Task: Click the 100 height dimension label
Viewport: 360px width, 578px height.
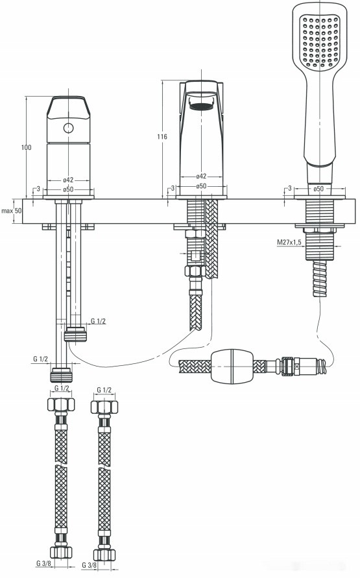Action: coord(26,148)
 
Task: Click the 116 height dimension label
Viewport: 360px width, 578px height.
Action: coord(162,136)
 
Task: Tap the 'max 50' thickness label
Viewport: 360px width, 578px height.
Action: coord(11,211)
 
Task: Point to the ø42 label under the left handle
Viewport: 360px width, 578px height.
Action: coord(67,180)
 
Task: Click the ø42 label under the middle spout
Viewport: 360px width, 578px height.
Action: coord(201,176)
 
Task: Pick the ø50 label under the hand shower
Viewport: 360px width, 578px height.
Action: coord(318,189)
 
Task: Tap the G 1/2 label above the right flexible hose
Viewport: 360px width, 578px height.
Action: coord(104,390)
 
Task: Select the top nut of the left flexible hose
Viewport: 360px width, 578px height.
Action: coord(60,407)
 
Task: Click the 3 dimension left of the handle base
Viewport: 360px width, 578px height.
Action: coord(38,189)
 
